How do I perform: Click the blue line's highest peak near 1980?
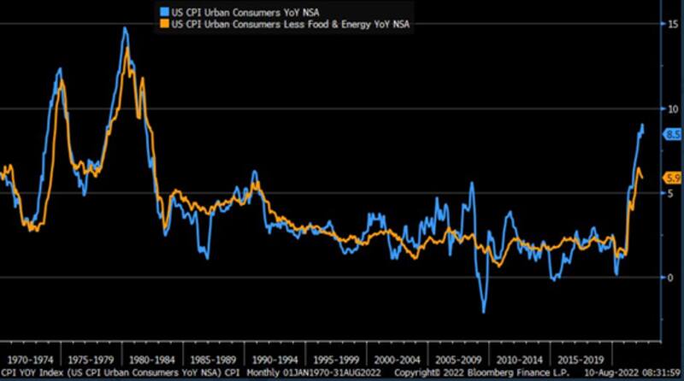pos(125,28)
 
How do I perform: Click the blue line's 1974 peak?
pos(60,69)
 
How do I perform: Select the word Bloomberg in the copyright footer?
pos(496,374)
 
